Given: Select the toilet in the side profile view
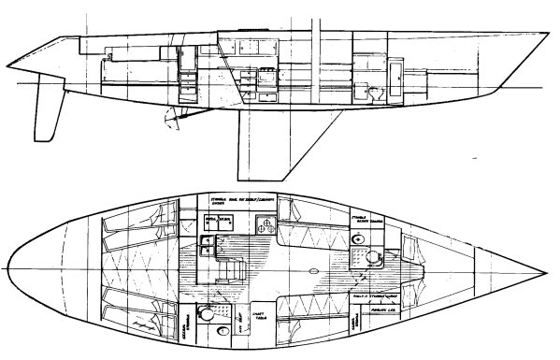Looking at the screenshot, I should pyautogui.click(x=374, y=92).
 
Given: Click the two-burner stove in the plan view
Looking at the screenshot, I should pyautogui.click(x=265, y=224).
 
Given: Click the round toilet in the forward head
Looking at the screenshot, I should pyautogui.click(x=375, y=259).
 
